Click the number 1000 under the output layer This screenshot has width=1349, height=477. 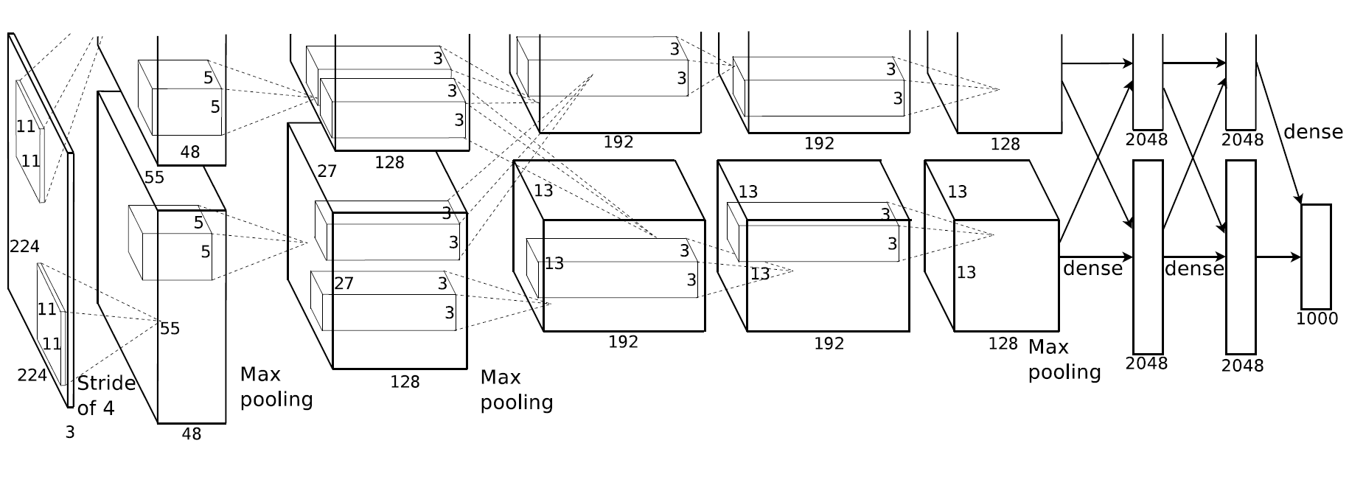pyautogui.click(x=1317, y=319)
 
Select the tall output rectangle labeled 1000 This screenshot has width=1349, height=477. pyautogui.click(x=1316, y=257)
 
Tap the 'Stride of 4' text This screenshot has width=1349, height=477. pyautogui.click(x=106, y=395)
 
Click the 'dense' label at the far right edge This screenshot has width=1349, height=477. pyautogui.click(x=1313, y=131)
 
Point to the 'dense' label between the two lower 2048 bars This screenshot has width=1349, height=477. pyautogui.click(x=1194, y=268)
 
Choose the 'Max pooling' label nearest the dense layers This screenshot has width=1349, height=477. pyautogui.click(x=1064, y=360)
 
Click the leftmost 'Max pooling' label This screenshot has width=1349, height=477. pyautogui.click(x=276, y=387)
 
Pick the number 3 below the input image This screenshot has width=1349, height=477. pyautogui.click(x=70, y=433)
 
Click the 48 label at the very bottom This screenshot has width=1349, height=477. pyautogui.click(x=191, y=434)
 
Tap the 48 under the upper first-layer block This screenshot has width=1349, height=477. pyautogui.click(x=189, y=152)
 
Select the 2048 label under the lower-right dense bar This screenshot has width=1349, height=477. pyautogui.click(x=1242, y=366)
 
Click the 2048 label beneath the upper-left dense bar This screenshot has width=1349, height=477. pyautogui.click(x=1147, y=139)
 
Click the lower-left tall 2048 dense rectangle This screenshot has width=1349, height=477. pyautogui.click(x=1148, y=257)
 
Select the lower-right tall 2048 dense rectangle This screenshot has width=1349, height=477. pyautogui.click(x=1241, y=257)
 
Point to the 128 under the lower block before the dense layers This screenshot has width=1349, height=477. pyautogui.click(x=1003, y=344)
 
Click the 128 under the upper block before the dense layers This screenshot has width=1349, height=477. pyautogui.click(x=1005, y=144)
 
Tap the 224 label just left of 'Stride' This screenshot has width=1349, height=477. pyautogui.click(x=32, y=375)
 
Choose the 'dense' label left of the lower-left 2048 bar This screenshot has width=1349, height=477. pyautogui.click(x=1092, y=268)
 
